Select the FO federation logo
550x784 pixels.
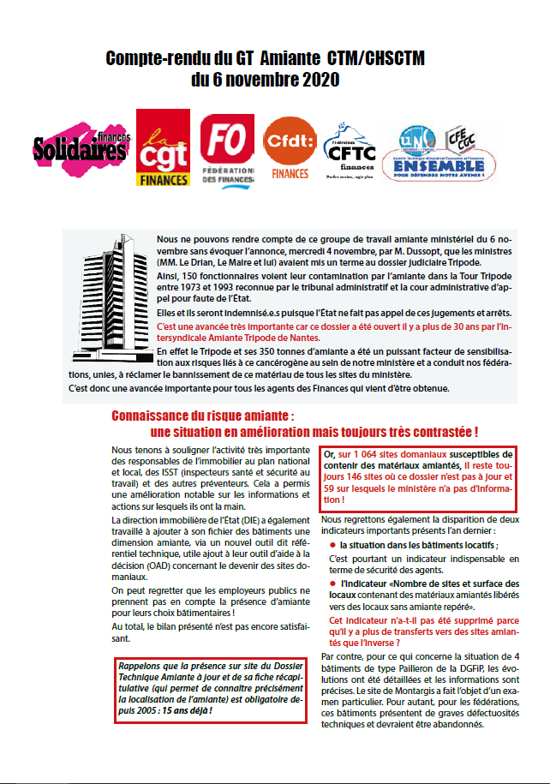(x=227, y=148)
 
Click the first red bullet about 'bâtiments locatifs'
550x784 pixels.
(x=332, y=544)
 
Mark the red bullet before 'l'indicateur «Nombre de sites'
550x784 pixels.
(x=332, y=584)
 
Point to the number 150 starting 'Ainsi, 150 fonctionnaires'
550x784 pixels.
(x=193, y=278)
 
